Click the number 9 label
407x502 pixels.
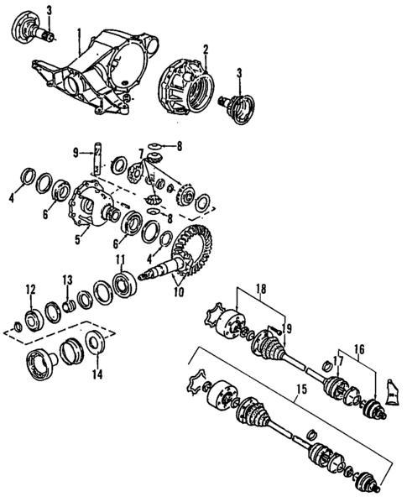click(76, 153)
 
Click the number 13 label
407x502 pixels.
click(66, 280)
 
